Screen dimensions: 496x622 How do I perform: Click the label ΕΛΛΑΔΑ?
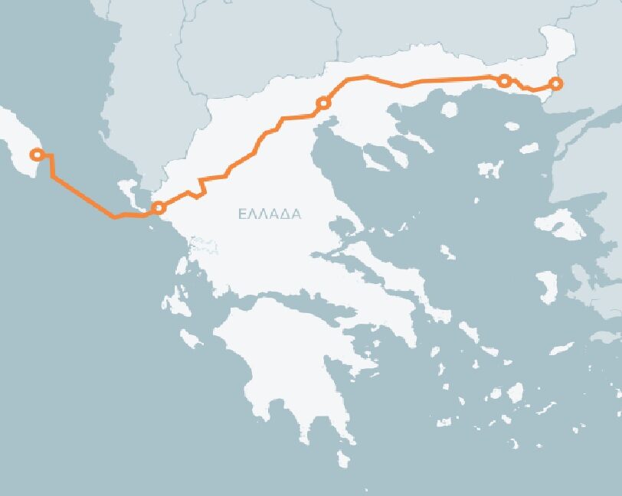click(270, 214)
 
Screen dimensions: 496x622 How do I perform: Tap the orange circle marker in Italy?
click(35, 155)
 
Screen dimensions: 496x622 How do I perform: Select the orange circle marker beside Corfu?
click(159, 207)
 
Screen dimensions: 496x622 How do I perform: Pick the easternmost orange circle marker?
click(556, 83)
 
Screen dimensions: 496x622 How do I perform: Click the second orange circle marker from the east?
click(504, 80)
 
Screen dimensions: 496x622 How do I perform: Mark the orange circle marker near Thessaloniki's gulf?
click(323, 103)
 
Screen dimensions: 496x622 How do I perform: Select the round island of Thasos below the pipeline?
click(450, 109)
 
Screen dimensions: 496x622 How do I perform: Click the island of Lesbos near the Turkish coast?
click(561, 225)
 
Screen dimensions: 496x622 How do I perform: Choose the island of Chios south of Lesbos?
click(548, 286)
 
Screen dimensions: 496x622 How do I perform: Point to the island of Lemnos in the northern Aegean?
click(490, 168)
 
